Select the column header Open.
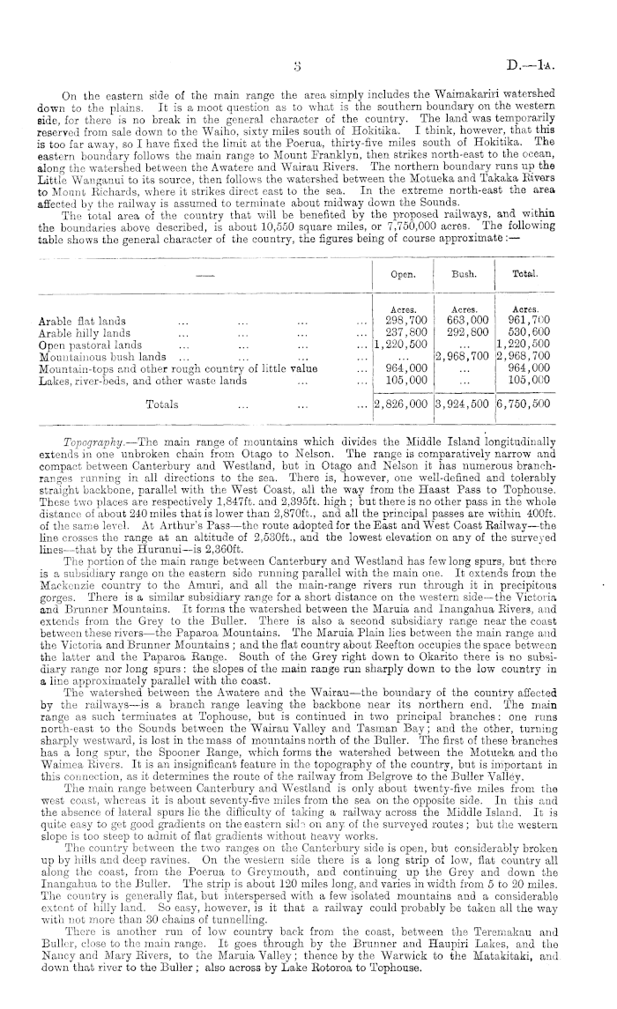pos(404,275)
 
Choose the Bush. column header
pos(464,275)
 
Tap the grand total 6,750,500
pos(524,404)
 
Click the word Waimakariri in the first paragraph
pos(465,93)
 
